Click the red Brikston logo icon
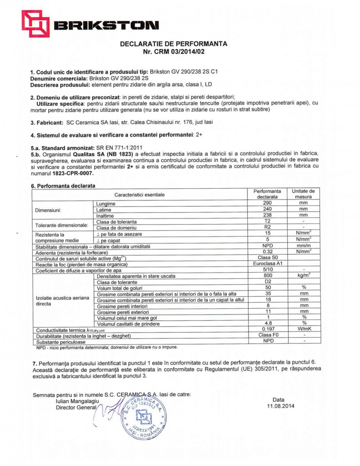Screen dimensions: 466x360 pos(35,23)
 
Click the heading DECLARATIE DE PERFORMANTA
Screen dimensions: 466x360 pos(174,44)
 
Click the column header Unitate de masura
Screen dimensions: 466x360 pos(304,194)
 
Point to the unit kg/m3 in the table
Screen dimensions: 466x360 pos(304,276)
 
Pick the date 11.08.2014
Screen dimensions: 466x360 pos(279,406)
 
